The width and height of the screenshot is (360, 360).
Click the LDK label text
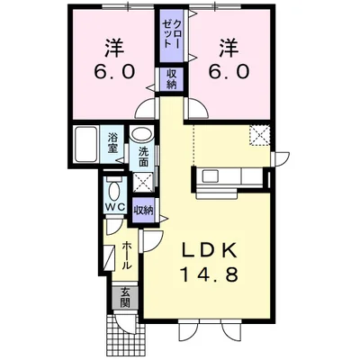pos(215,249)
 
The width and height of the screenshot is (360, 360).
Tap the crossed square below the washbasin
pos(143,182)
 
